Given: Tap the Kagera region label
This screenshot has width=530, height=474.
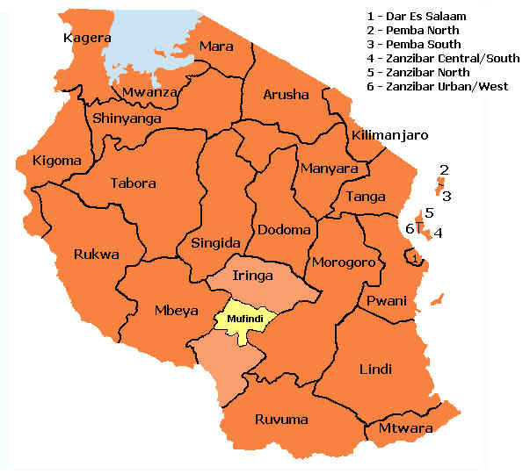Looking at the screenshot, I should click(x=87, y=38).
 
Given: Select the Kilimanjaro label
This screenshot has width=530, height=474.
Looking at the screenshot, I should click(x=388, y=135).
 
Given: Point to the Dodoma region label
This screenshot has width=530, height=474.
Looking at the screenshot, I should click(x=284, y=230).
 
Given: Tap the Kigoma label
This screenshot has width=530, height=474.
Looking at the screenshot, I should click(x=55, y=161).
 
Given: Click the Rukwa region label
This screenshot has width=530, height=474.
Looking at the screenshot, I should click(x=97, y=255).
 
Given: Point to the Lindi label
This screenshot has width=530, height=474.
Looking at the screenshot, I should click(x=375, y=369).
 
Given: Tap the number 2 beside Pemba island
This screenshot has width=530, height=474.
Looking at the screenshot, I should click(x=445, y=169).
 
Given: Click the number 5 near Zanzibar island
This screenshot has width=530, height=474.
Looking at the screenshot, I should click(x=429, y=212).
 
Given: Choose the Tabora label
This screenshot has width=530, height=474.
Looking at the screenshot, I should click(x=133, y=183).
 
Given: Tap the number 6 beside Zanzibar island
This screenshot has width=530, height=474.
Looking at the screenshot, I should click(x=410, y=228).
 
